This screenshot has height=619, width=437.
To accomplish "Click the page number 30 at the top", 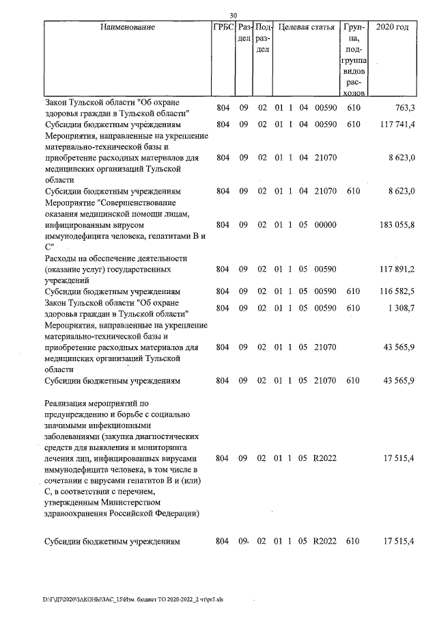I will click(x=233, y=16).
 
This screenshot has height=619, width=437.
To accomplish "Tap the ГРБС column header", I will click(x=223, y=27).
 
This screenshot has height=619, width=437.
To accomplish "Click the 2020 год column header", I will click(x=393, y=27).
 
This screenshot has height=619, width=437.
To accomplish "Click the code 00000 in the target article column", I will click(x=324, y=224).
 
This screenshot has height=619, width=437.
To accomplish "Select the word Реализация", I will click(x=70, y=403).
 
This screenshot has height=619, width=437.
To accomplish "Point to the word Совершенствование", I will click(x=139, y=202).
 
